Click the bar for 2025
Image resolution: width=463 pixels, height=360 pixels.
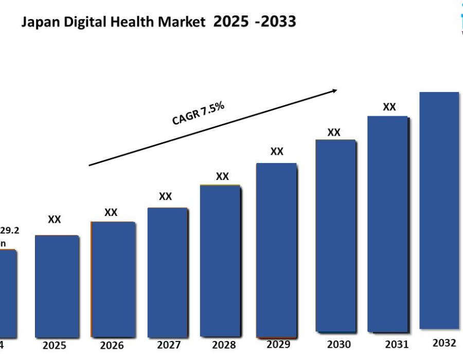click(x=57, y=285)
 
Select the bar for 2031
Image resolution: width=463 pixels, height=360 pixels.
click(x=388, y=224)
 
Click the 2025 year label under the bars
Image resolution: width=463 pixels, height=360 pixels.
click(x=54, y=345)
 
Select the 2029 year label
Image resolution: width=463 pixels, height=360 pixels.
click(x=278, y=344)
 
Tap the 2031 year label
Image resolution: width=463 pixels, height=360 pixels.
click(x=397, y=344)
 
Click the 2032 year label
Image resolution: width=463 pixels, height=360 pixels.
click(x=444, y=343)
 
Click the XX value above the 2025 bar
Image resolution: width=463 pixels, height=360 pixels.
click(x=55, y=220)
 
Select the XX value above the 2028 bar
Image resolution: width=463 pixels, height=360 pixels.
click(x=222, y=176)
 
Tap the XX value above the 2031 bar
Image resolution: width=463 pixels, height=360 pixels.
click(x=389, y=107)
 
